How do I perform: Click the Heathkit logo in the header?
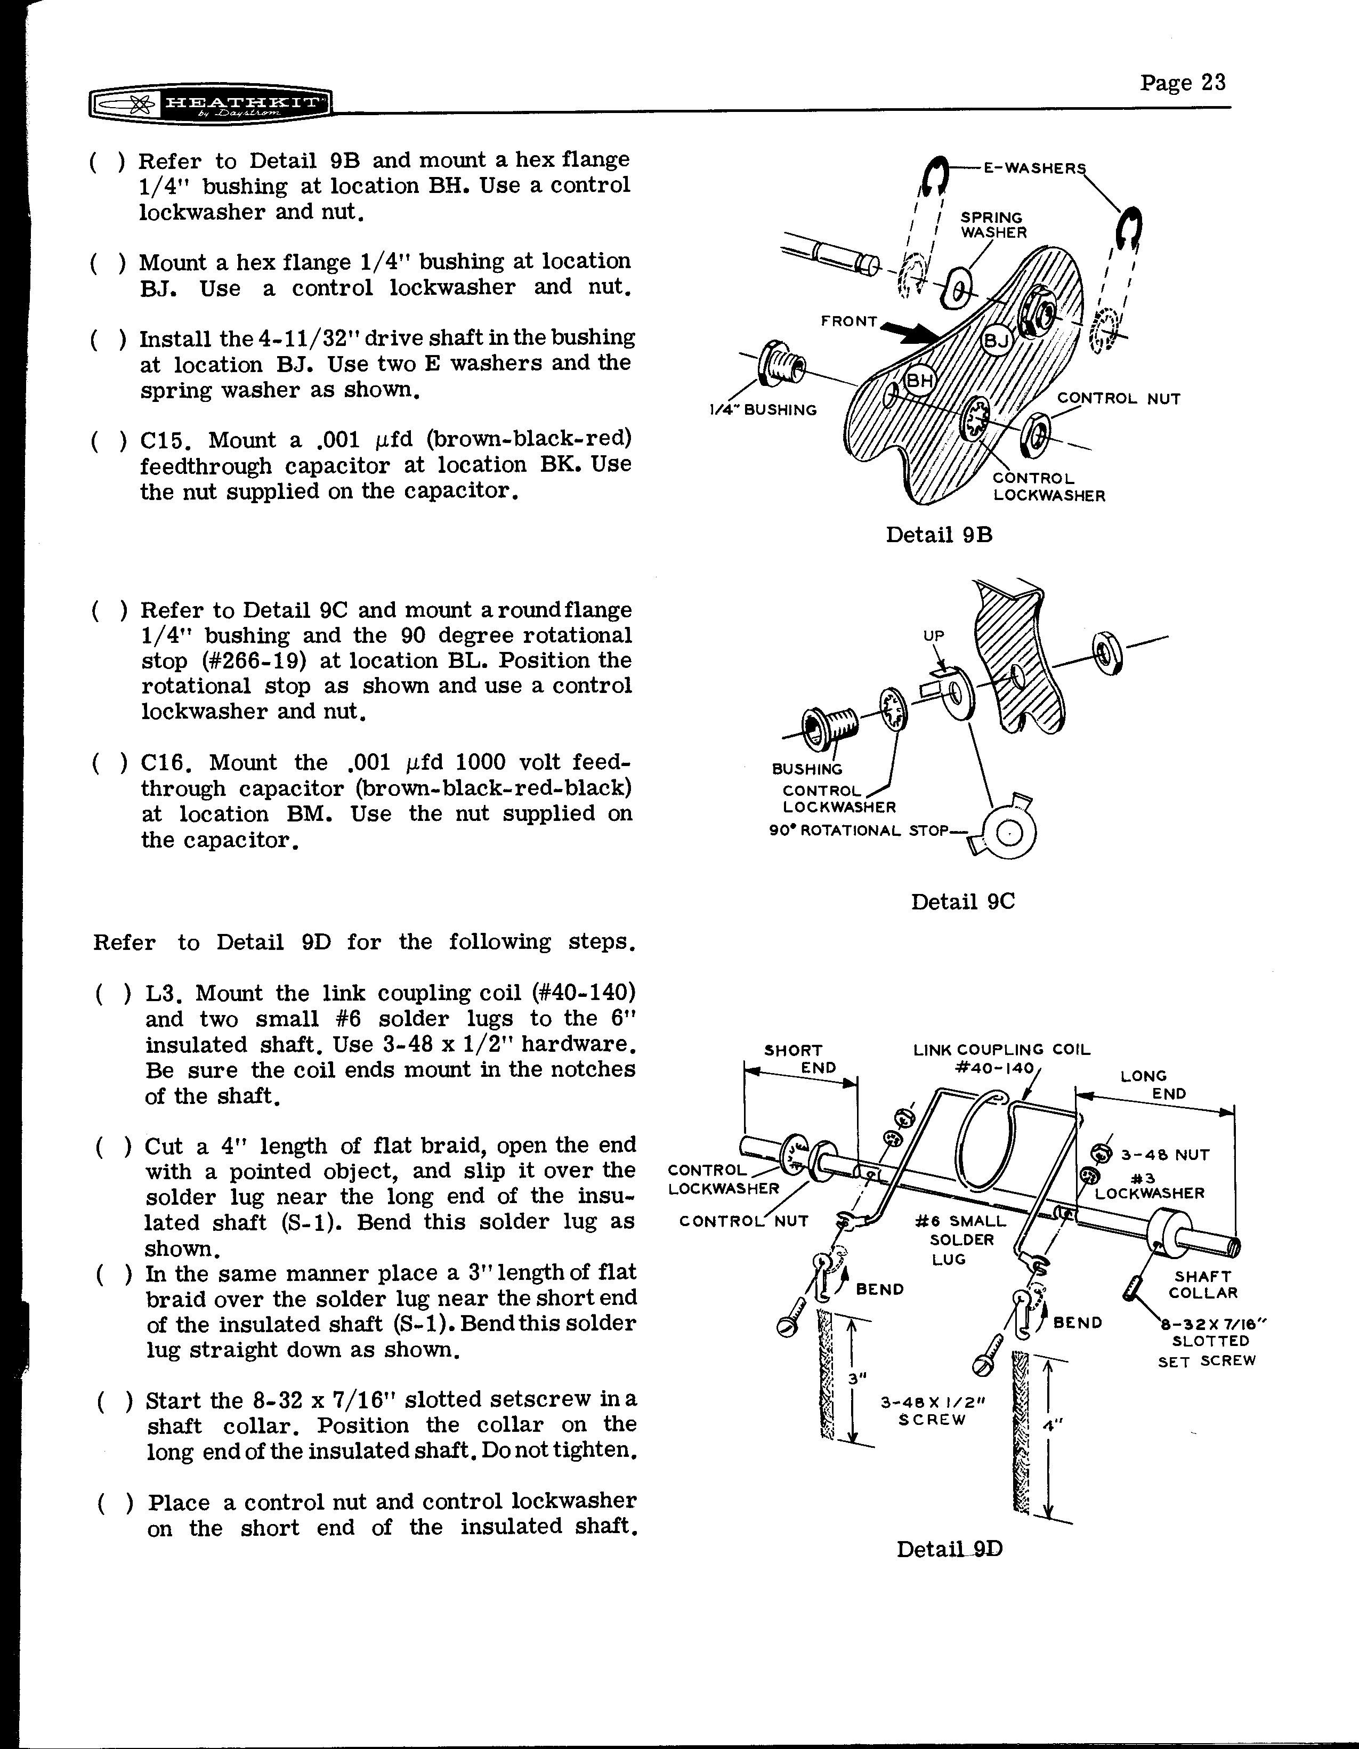pos(210,104)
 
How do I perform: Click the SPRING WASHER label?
pos(993,225)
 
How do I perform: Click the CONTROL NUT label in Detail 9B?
pos(1118,399)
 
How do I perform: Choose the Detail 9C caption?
pos(962,902)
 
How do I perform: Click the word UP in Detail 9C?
pos(934,636)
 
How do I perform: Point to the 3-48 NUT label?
pos(1164,1155)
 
